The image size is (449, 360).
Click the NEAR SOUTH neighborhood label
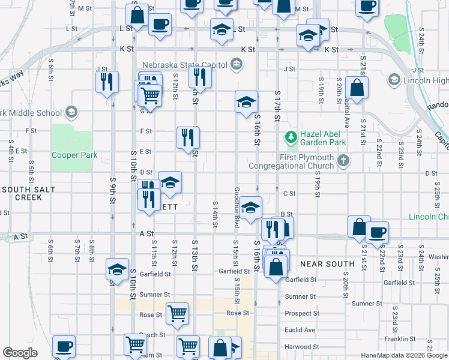tap(327, 264)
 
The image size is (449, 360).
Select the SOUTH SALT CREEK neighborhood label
tap(28, 193)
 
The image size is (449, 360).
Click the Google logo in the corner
tap(20, 353)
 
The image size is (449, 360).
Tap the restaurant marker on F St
tap(188, 137)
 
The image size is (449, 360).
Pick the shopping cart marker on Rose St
tap(177, 313)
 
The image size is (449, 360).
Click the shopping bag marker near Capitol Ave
tap(357, 87)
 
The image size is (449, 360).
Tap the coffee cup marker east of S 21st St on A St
tap(377, 232)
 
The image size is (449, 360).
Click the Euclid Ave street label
tap(301, 330)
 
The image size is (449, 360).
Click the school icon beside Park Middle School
tap(71, 112)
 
